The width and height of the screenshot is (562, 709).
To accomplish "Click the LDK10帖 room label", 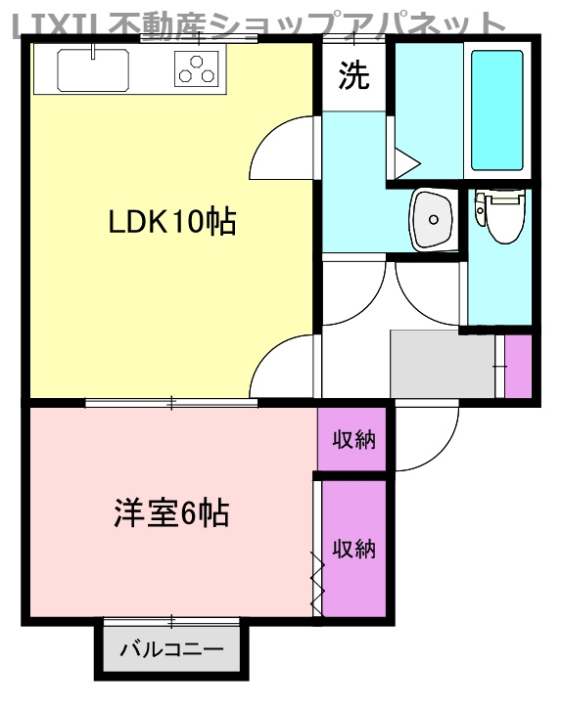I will click(x=171, y=223).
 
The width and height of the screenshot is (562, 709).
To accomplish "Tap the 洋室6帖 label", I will click(x=170, y=512).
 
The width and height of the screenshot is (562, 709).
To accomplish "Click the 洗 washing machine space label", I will click(x=353, y=76).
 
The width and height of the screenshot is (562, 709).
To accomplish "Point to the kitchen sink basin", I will click(x=93, y=69).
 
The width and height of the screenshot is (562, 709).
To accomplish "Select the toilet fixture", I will click(x=499, y=213).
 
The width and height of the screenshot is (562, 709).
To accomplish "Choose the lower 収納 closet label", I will click(x=352, y=549).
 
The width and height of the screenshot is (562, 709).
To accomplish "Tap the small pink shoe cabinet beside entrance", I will click(x=517, y=366).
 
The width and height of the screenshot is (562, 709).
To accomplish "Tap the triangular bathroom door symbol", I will click(x=405, y=159).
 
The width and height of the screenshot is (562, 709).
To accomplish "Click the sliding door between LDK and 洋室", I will click(x=171, y=402).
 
